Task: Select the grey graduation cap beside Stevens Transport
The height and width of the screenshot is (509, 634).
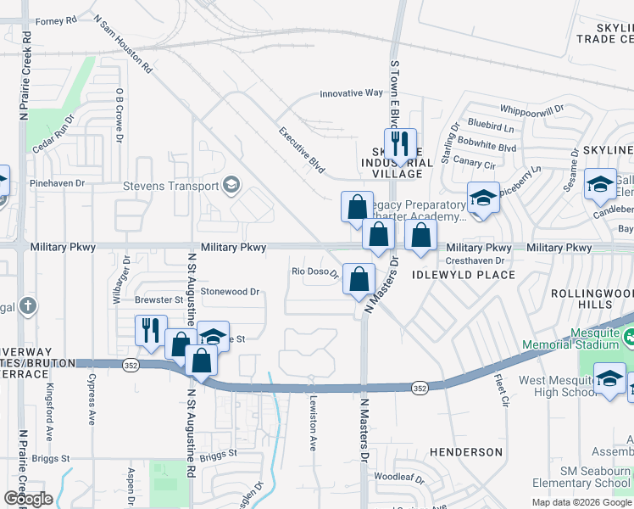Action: point(231,186)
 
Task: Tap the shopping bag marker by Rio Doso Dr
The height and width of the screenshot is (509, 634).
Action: point(359,278)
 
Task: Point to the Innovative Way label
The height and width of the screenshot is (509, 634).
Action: point(351,93)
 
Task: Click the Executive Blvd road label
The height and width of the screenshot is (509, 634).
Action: point(303,150)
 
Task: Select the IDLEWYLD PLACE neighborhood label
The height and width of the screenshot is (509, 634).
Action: point(464,275)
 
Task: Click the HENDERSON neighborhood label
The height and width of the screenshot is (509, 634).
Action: point(466,452)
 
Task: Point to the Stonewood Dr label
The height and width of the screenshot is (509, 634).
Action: point(230,291)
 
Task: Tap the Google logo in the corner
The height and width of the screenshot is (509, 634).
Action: point(28,498)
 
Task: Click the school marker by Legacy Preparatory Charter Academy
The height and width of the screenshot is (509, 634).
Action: point(482,199)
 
